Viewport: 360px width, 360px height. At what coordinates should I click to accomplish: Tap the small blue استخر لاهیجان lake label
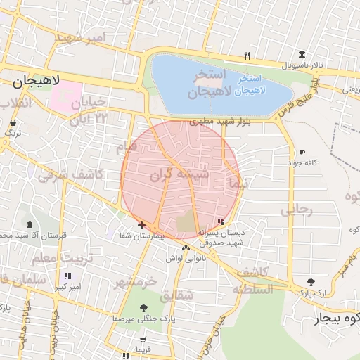(246, 84)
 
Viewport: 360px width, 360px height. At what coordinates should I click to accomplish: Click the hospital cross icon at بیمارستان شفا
(142, 225)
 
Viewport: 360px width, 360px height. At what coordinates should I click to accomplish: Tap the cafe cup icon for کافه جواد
(302, 153)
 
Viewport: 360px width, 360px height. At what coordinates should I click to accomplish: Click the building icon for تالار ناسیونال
(302, 56)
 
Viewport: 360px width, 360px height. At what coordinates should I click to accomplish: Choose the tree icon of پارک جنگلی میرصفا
(144, 308)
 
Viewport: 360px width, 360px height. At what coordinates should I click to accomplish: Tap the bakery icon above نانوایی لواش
(186, 247)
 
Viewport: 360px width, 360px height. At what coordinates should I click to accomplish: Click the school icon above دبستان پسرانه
(221, 221)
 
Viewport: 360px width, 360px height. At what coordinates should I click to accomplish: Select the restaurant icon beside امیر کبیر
(67, 276)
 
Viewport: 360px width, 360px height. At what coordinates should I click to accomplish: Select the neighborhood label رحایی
(295, 210)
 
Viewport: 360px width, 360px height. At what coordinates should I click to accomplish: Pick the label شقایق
(176, 296)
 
